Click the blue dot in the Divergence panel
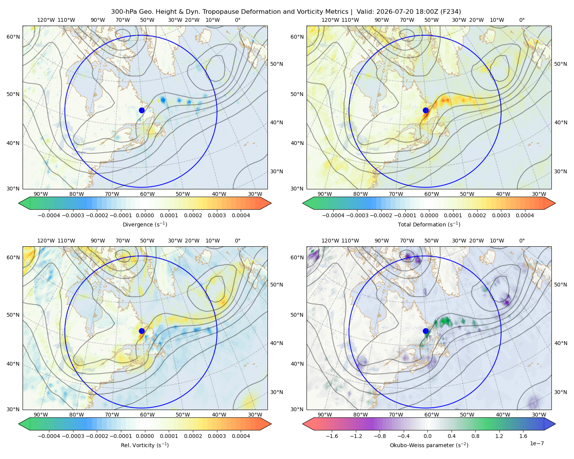click(142, 111)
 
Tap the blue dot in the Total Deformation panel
click(426, 111)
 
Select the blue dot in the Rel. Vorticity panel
click(142, 331)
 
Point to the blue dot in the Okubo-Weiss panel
click(426, 331)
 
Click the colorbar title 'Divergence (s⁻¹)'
click(145, 224)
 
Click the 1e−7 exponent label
click(536, 443)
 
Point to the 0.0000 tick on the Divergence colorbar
click(145, 215)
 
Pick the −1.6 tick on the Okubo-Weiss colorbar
click(332, 436)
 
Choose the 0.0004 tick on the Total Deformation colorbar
click(525, 215)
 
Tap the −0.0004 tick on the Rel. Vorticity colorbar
click(49, 436)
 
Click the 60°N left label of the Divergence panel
click(13, 37)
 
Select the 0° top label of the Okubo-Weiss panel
click(522, 241)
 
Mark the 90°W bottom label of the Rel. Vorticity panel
click(41, 415)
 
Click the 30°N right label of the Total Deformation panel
click(561, 171)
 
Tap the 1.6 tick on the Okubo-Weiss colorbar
click(523, 436)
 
